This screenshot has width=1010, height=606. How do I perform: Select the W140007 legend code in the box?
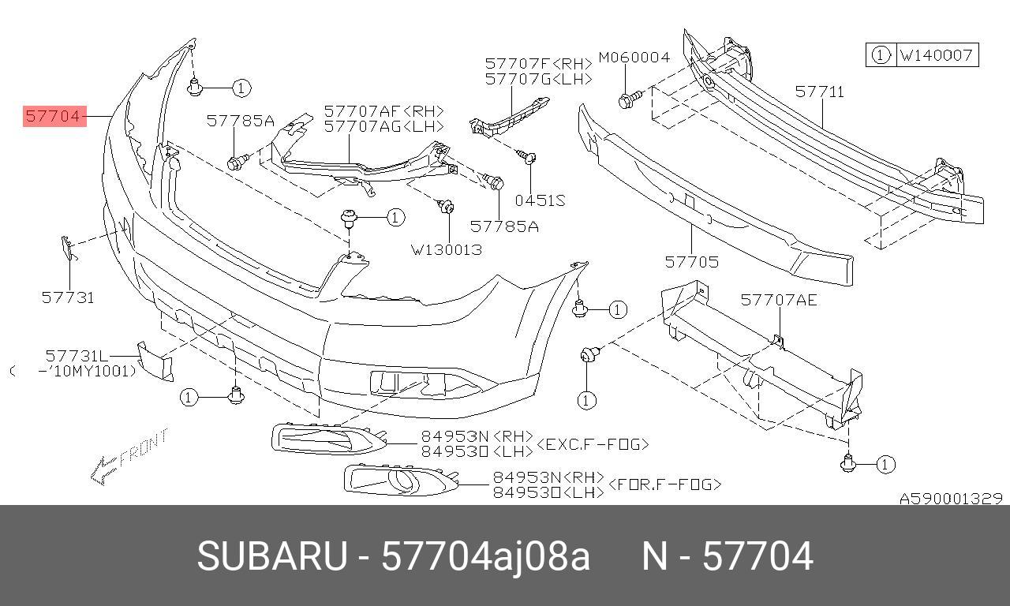(x=937, y=55)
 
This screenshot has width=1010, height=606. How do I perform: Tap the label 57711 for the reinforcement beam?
(x=819, y=92)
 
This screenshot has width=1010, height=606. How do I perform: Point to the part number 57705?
(x=691, y=261)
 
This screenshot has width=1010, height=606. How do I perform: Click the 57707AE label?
(x=779, y=300)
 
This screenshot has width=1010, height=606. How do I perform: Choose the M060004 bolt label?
(x=634, y=58)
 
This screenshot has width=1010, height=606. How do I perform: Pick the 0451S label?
(x=540, y=200)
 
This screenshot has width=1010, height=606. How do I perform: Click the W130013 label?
(x=446, y=249)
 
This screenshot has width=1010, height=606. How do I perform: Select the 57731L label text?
(x=77, y=356)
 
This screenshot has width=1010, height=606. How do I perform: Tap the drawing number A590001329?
(x=951, y=499)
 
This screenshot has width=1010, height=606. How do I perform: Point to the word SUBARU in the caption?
(x=271, y=557)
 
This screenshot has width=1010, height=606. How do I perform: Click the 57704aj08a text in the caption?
(x=485, y=557)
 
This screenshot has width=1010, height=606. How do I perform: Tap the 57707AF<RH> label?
(x=383, y=111)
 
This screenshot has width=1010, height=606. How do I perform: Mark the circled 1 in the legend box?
(x=881, y=55)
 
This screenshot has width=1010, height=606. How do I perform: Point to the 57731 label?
(x=68, y=297)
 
